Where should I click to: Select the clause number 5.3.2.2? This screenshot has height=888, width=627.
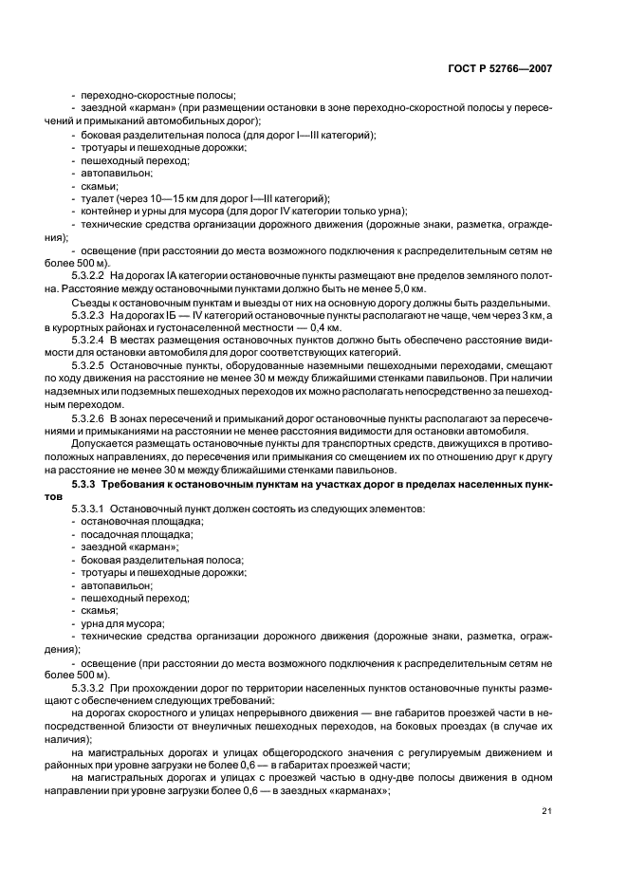click(x=90, y=274)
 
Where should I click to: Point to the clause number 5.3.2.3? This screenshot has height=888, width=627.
click(x=90, y=314)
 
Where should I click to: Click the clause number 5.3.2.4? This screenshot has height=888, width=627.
click(x=90, y=340)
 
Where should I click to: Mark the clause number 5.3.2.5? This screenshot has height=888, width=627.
click(x=90, y=365)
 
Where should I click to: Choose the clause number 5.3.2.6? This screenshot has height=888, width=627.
click(x=90, y=417)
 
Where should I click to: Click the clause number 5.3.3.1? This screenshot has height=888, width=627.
click(x=90, y=509)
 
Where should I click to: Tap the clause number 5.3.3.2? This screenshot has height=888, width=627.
click(x=90, y=686)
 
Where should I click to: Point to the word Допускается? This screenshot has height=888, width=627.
click(x=103, y=443)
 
